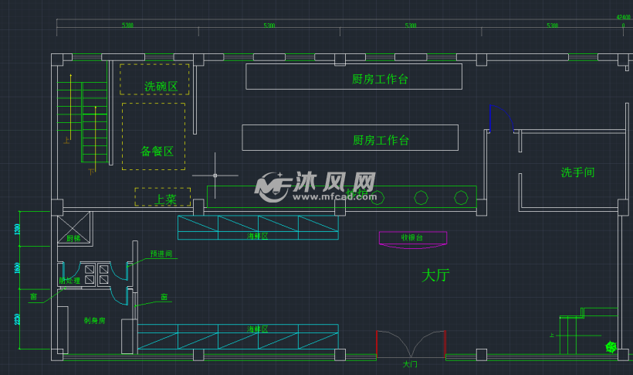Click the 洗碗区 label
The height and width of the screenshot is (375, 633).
click(x=161, y=87)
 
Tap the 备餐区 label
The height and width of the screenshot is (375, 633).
click(x=157, y=151)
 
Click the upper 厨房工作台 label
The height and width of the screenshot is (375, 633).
click(x=380, y=79)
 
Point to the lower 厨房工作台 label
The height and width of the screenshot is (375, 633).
click(x=381, y=140)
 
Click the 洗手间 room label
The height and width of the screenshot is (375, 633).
click(x=577, y=172)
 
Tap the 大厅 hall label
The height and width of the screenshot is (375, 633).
click(x=435, y=274)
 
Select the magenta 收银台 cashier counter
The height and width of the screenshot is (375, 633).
click(x=413, y=238)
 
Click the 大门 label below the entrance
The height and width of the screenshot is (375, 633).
click(x=410, y=363)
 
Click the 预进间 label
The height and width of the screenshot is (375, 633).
click(x=161, y=254)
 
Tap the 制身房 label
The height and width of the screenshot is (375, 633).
click(x=94, y=320)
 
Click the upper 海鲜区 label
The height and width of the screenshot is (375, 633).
click(x=257, y=236)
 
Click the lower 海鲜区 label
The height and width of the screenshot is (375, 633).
click(x=257, y=329)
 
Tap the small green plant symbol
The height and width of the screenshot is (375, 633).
click(x=611, y=347)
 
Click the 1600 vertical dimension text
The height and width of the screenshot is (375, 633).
click(x=18, y=268)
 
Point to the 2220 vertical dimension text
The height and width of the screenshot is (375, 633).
click(x=18, y=320)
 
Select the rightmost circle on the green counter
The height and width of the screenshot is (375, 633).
click(x=461, y=198)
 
